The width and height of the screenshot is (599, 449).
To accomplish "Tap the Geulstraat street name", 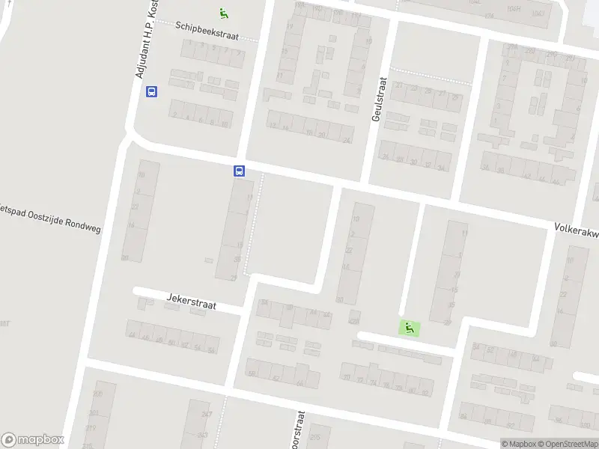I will click(377, 99).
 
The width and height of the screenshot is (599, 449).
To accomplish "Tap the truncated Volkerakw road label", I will click(576, 230).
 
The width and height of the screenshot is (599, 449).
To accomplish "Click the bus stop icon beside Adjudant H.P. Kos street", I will click(151, 92).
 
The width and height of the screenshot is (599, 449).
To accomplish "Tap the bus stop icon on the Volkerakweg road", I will click(240, 171).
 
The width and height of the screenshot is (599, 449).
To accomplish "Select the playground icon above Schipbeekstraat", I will click(223, 13).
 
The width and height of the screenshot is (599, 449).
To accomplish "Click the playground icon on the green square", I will click(409, 328).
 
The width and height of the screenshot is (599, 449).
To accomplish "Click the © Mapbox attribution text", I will click(520, 444).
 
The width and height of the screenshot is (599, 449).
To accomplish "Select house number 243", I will click(202, 435).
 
